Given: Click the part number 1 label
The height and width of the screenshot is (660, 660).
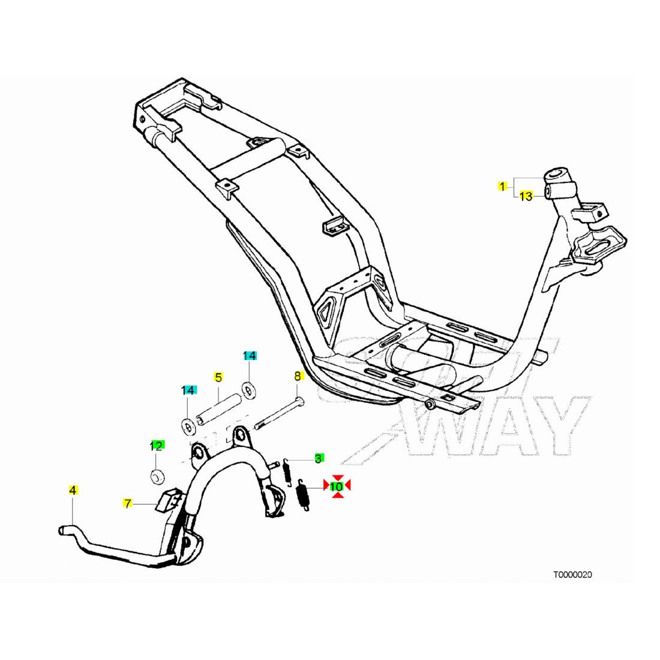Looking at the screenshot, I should (x=502, y=186).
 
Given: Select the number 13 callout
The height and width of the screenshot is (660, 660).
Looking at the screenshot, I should (x=526, y=196).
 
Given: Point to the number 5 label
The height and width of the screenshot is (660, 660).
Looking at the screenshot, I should (x=218, y=377).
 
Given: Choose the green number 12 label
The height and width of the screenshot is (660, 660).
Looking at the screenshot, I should (x=156, y=445).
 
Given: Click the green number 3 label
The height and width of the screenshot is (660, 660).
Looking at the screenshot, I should (x=318, y=458).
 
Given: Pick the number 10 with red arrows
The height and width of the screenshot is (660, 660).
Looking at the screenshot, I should (x=337, y=486).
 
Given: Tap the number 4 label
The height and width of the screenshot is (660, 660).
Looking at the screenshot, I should (x=73, y=490).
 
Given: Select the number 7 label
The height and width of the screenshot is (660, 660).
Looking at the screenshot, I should (x=127, y=502).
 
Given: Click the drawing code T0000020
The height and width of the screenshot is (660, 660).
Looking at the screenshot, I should (x=572, y=574).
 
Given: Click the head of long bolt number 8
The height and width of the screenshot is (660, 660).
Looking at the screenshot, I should (x=299, y=400).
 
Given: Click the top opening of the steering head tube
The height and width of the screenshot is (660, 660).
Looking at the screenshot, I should (x=556, y=175).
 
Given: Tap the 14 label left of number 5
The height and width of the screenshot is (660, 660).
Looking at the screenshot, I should (x=188, y=391).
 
